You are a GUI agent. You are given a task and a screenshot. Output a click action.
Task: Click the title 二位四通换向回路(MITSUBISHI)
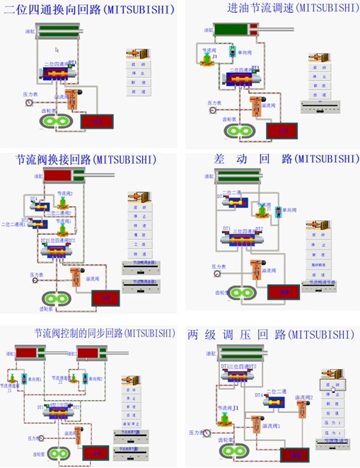pyautogui.click(x=89, y=10)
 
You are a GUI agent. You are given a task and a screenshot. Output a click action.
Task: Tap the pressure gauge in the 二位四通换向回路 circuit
pyautogui.click(x=28, y=103)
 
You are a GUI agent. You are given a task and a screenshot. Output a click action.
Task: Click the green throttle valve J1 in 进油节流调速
pyautogui.click(x=207, y=60)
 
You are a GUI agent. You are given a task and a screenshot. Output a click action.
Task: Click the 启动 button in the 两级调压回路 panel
pyautogui.click(x=330, y=385)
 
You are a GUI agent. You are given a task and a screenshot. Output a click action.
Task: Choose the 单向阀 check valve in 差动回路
pyautogui.click(x=279, y=212)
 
